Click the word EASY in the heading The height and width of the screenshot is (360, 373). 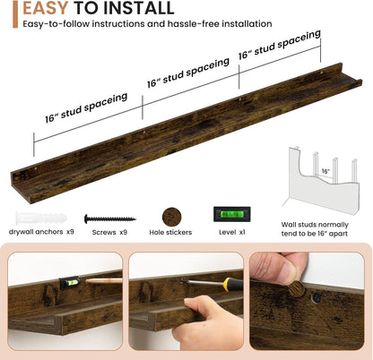[x=46, y=8]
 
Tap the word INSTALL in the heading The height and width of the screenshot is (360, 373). [x=138, y=8]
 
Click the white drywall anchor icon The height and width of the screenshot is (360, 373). [x=41, y=219]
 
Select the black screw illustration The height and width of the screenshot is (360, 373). [x=110, y=219]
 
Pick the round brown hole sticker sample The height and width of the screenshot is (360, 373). [x=171, y=217]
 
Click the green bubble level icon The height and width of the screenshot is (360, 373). [x=232, y=214]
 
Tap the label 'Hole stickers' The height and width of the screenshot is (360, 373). [x=170, y=232]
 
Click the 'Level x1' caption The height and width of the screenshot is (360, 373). [x=232, y=232]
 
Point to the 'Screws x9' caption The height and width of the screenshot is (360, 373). [x=109, y=232]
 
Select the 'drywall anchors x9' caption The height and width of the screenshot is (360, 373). [x=41, y=232]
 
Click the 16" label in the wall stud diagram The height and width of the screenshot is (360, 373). [x=325, y=171]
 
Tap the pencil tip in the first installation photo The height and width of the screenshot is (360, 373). [x=87, y=280]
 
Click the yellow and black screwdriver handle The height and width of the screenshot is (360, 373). [x=233, y=285]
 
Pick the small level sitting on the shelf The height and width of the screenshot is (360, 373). [x=70, y=283]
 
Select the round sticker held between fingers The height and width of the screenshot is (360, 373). [x=297, y=288]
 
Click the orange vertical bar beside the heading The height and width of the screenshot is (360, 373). [x=15, y=14]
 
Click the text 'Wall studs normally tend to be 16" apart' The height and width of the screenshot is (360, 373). [x=315, y=229]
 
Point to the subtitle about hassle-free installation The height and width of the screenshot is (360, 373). [x=147, y=23]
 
